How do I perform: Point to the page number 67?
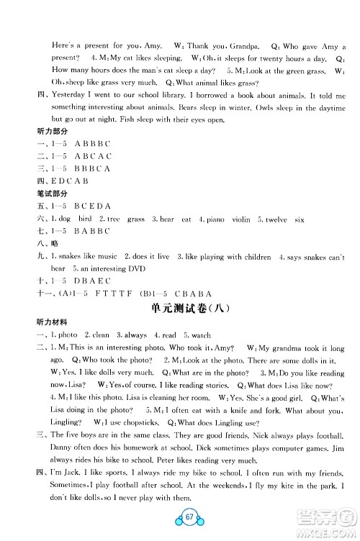(181, 520)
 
